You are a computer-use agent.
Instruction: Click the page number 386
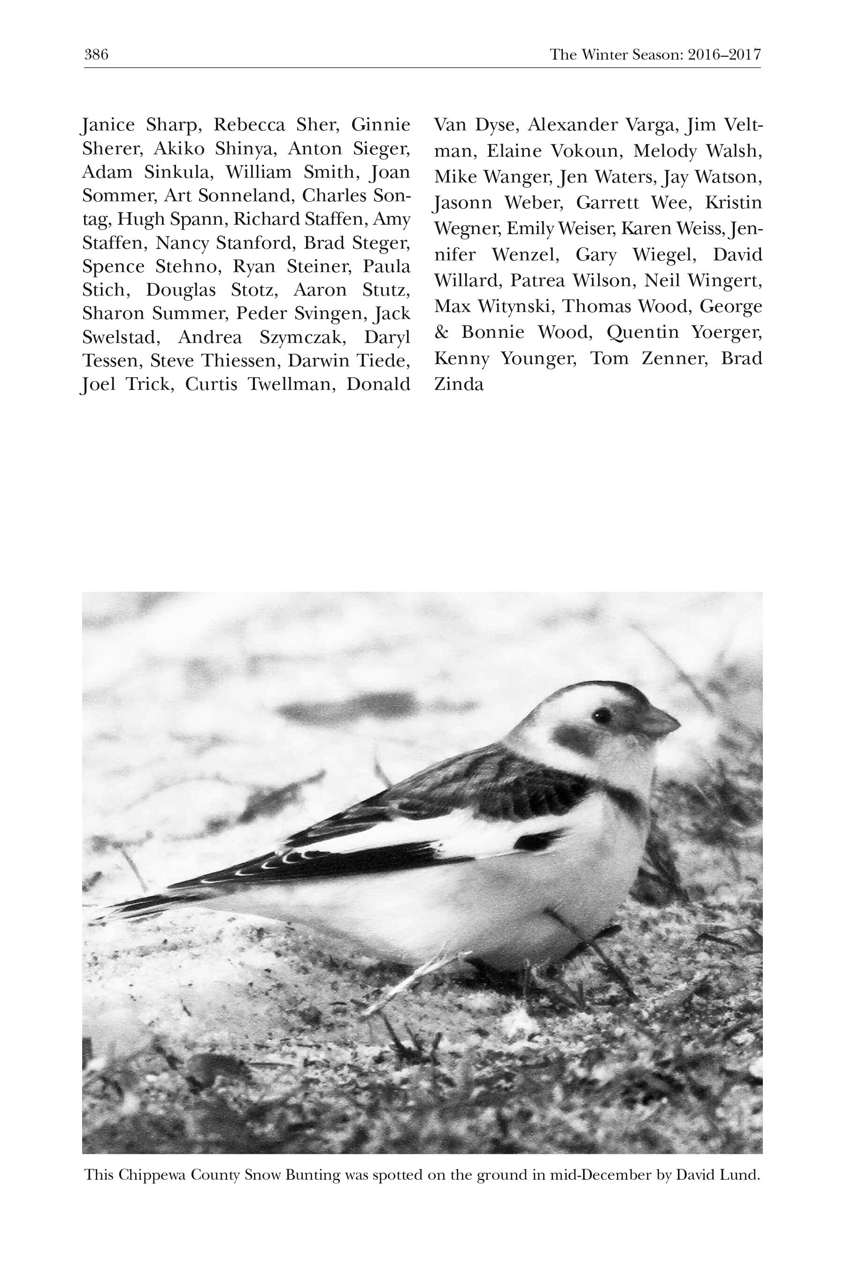(96, 54)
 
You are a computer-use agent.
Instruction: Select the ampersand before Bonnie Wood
(441, 332)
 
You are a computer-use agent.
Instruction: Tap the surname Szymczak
(302, 337)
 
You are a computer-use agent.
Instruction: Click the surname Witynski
(515, 306)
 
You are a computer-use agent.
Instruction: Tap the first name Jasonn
(463, 203)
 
